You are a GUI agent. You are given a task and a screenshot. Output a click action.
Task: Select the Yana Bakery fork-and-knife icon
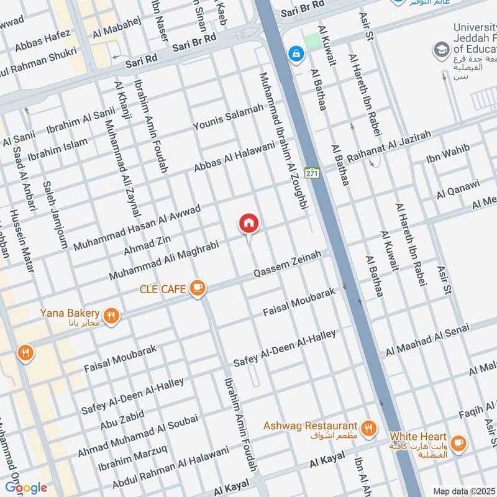[x=112, y=316]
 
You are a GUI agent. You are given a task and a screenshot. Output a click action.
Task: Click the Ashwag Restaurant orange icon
[x=368, y=427]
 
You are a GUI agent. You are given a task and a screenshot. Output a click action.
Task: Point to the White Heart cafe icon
[x=458, y=443]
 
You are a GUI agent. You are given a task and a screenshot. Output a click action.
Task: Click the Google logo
[x=26, y=488]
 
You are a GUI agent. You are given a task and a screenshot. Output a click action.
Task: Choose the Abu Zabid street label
[x=122, y=421]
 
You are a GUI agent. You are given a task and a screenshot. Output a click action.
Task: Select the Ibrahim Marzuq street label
[x=133, y=458]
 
